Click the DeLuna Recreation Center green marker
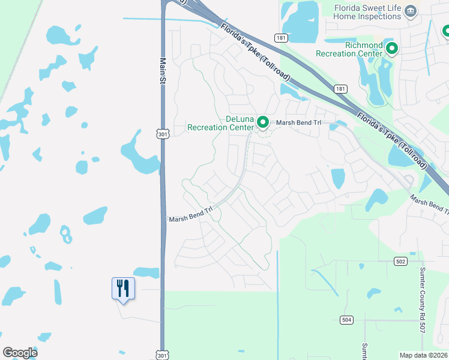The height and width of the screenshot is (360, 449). pos(263,122)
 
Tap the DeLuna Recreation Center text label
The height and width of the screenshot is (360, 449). pos(220,123)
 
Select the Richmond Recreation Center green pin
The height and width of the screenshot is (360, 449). pos(392,48)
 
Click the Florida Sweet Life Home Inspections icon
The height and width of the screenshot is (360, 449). pos(411,11)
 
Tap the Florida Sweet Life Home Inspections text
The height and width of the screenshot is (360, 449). pos(367,12)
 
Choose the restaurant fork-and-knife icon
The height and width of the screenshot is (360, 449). pos(123,289)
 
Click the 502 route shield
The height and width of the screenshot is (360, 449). pos(401,261)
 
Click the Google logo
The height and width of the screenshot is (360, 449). pos(20,353)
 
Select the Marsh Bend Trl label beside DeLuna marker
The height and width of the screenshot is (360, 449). pos(299,123)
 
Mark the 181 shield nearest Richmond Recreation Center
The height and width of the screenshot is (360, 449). pos(340,89)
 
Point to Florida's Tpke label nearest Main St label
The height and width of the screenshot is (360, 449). pos(256,53)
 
